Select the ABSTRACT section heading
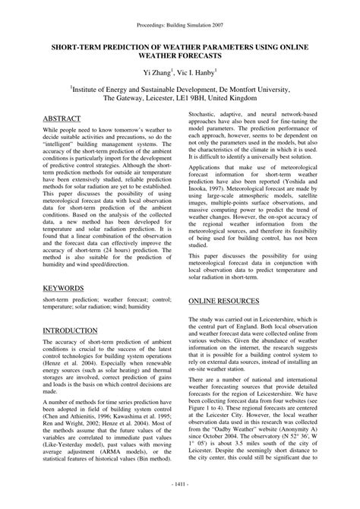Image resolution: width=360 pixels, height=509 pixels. pyautogui.click(x=62, y=119)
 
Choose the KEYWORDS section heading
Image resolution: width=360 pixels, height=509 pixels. pyautogui.click(x=64, y=289)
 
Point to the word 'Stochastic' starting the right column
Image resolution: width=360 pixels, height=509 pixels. pyautogui.click(x=207, y=112)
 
